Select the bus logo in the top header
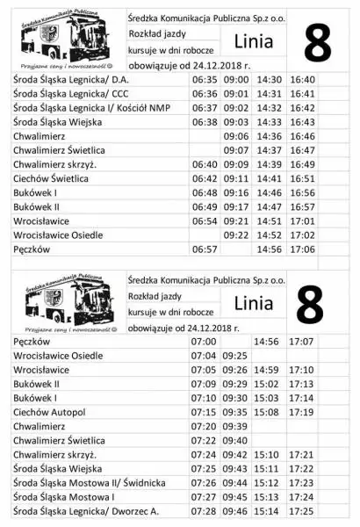[61, 40]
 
